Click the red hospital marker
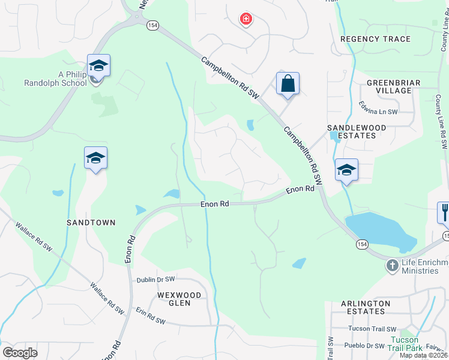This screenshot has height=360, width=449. pos(246,19)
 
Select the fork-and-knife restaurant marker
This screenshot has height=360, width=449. pos(444,212)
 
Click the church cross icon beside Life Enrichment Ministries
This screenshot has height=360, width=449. pos(392,265)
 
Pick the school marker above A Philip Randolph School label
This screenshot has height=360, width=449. pos(98,65)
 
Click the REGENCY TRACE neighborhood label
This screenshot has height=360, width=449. pos(375,39)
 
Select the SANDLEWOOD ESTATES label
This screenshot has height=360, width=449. pos(351,131)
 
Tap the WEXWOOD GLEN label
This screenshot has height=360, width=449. pos(174,299)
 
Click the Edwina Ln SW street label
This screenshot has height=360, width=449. pos(379,112)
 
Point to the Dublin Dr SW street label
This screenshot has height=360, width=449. pos(155,280)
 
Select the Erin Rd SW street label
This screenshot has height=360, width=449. pos(150,320)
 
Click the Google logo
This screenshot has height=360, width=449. pos(20,353)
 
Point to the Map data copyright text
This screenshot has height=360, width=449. pos(424,355)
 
